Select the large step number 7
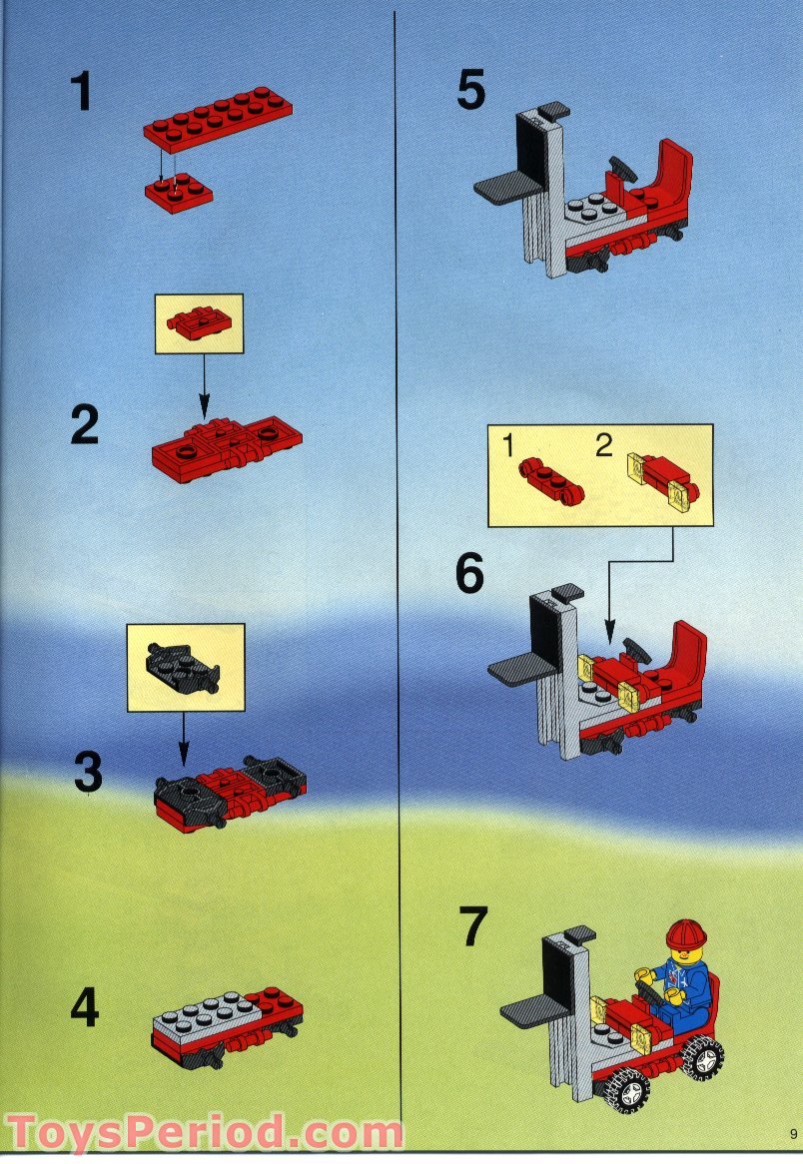pos(473,928)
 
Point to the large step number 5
pos(471,91)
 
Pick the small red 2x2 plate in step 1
pos(178,192)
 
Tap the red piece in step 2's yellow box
pos(199,322)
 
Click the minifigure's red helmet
pos(685,935)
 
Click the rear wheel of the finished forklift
pos(703,1056)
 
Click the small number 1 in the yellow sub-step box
pos(507,447)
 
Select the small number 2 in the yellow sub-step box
pos(603,446)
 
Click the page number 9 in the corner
pos(791,1134)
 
